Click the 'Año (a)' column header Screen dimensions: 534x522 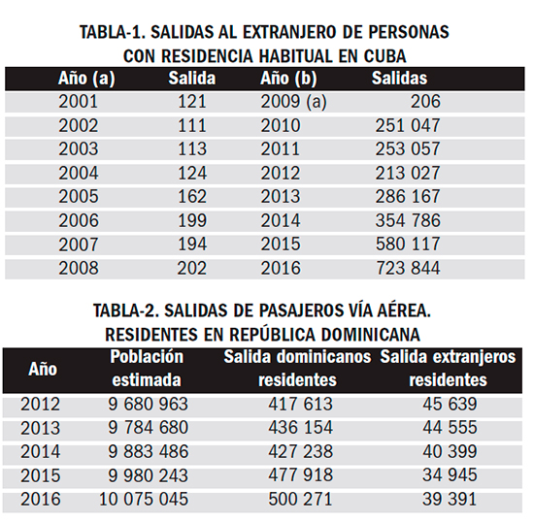[x=86, y=79]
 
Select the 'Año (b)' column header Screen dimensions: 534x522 [x=288, y=79]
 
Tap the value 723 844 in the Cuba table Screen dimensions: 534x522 [x=408, y=268]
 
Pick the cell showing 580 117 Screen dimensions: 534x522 [x=408, y=245]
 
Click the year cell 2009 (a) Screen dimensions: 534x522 [x=293, y=102]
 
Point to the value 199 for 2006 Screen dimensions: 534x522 [x=192, y=220]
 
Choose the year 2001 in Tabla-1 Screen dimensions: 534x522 [x=79, y=102]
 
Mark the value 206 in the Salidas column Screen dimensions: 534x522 [x=425, y=102]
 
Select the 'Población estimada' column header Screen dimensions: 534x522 [x=147, y=369]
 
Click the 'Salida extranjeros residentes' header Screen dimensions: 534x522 [x=448, y=369]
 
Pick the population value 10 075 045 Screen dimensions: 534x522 [x=144, y=500]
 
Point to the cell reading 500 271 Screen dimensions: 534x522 [x=300, y=500]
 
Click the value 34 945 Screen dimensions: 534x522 [x=450, y=475]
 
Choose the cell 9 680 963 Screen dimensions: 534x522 [x=149, y=405]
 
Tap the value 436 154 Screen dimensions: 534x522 [x=300, y=428]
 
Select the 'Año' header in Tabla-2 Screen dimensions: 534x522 [x=43, y=370]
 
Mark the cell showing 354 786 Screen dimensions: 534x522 [x=408, y=220]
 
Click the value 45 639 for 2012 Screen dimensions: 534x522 [x=450, y=405]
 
